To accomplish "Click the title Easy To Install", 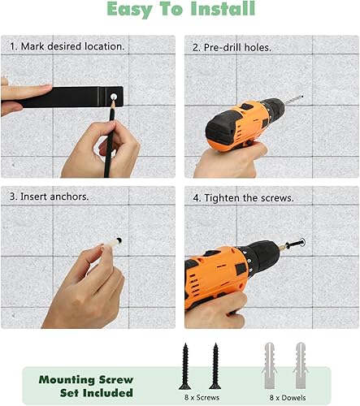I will (180, 11).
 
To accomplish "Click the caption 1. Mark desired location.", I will (67, 46).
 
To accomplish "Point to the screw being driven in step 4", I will (293, 244).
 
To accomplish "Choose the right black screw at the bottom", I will (215, 365).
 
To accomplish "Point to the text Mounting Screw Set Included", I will (86, 386).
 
